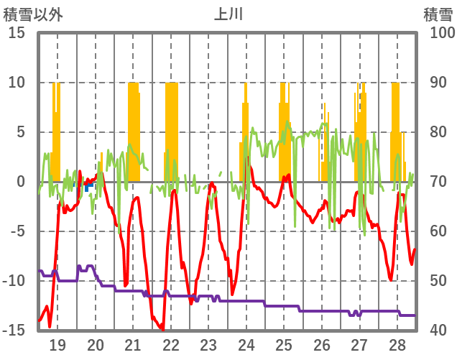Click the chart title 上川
pyautogui.click(x=228, y=14)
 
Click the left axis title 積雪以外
pyautogui.click(x=34, y=14)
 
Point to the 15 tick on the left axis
pyautogui.click(x=17, y=33)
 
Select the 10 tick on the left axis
pyautogui.click(x=17, y=83)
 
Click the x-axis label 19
pyautogui.click(x=57, y=344)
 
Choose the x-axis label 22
pyautogui.click(x=171, y=344)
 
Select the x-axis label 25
pyautogui.click(x=284, y=344)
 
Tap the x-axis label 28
pyautogui.click(x=397, y=344)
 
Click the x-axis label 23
pyautogui.click(x=208, y=344)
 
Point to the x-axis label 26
pyautogui.click(x=322, y=344)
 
